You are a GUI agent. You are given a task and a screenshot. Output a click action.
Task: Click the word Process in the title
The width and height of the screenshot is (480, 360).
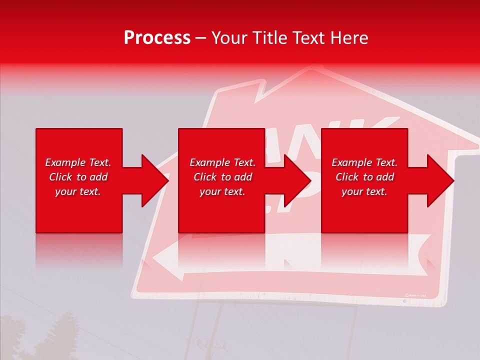click(x=157, y=38)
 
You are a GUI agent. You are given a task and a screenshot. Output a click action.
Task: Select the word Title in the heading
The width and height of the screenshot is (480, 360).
click(x=270, y=38)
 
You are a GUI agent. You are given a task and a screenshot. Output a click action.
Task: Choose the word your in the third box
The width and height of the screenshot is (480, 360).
click(x=352, y=191)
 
